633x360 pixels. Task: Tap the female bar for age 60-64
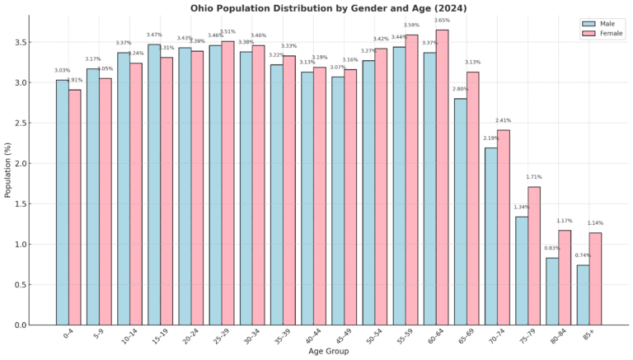click(x=442, y=177)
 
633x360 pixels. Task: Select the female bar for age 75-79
click(x=534, y=255)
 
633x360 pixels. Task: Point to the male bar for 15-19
click(x=154, y=185)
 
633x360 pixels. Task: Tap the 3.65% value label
click(x=442, y=21)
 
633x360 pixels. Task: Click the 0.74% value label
click(x=582, y=256)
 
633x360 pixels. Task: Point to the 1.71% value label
click(x=534, y=177)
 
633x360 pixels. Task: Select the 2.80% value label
click(x=460, y=89)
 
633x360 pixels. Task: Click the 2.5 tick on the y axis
click(x=21, y=123)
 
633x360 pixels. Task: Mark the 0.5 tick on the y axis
click(x=21, y=285)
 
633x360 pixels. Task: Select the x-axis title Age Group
click(x=328, y=352)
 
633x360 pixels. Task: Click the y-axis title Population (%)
click(x=8, y=168)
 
